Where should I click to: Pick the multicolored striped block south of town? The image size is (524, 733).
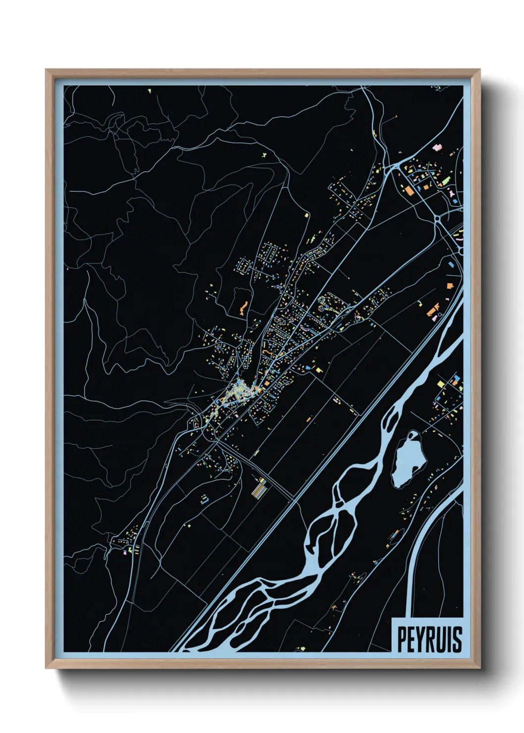pos(258,488)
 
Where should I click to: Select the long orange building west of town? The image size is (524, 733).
pos(243,308)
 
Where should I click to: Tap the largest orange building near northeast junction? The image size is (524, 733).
pos(409,190)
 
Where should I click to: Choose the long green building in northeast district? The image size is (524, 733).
pos(445,180)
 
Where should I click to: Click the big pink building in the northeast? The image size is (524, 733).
pos(452,192)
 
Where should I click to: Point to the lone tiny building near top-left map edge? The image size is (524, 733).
pos(149,91)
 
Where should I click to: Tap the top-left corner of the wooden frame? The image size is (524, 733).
pos(47,71)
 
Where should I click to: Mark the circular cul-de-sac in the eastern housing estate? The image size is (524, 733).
pos(325,308)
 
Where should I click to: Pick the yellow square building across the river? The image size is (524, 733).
pos(441,383)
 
